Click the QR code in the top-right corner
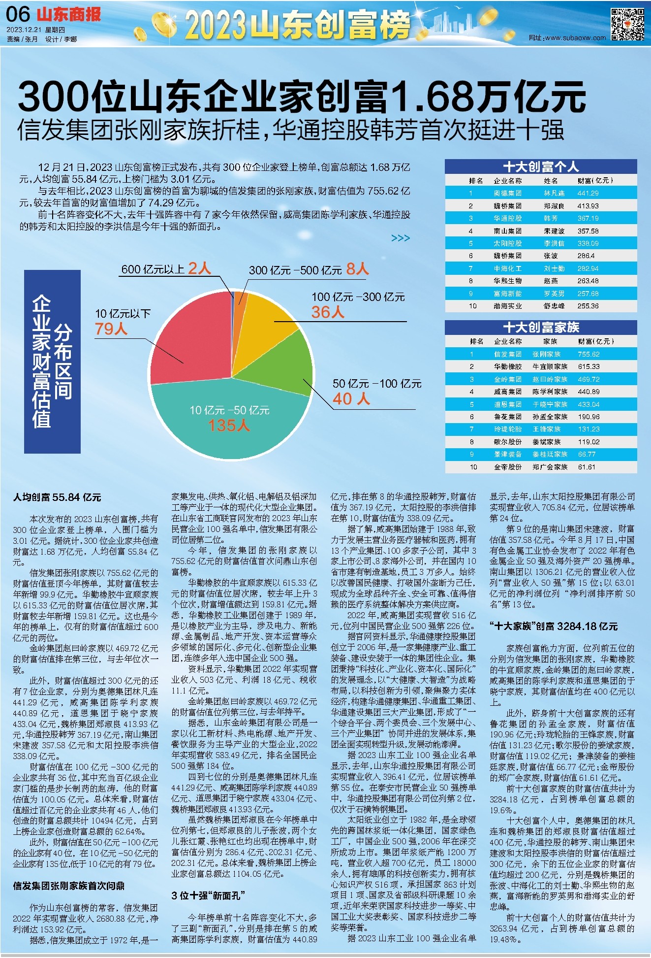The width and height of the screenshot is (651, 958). pyautogui.click(x=627, y=24)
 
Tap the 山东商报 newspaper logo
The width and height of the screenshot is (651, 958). pyautogui.click(x=69, y=14)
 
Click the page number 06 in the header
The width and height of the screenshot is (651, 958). pyautogui.click(x=18, y=15)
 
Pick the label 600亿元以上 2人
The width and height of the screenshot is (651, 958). pyautogui.click(x=166, y=269)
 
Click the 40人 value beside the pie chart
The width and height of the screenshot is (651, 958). pyautogui.click(x=351, y=398)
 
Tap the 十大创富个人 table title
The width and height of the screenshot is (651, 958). pyautogui.click(x=540, y=166)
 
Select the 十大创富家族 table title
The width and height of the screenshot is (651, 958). pyautogui.click(x=540, y=328)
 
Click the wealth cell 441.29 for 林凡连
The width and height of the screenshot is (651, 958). pyautogui.click(x=588, y=194)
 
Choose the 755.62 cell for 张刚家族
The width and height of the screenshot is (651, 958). pyautogui.click(x=589, y=354)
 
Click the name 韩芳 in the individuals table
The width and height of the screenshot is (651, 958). pyautogui.click(x=551, y=218)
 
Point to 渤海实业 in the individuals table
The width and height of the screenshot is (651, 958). pyautogui.click(x=508, y=306)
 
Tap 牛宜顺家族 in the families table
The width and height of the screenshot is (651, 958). pyautogui.click(x=550, y=366)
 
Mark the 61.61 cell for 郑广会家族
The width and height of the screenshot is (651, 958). pyautogui.click(x=587, y=467)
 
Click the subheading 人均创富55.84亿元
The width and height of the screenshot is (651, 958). pyautogui.click(x=57, y=497)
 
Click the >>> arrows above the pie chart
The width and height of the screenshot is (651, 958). pyautogui.click(x=401, y=238)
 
